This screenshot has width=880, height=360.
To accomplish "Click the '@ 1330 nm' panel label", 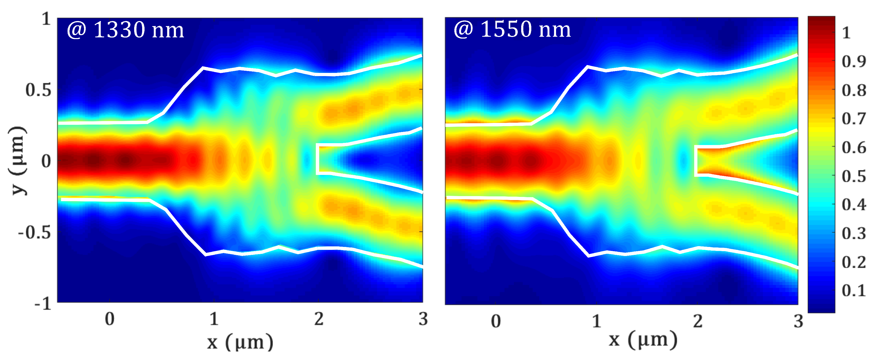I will [125, 30].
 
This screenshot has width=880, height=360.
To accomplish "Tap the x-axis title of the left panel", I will [240, 342].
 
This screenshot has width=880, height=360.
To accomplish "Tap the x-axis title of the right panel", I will [643, 340].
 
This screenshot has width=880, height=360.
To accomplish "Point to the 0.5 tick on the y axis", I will [38, 90].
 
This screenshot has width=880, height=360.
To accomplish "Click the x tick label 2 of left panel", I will [319, 319].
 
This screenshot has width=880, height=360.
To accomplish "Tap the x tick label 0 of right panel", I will [496, 321].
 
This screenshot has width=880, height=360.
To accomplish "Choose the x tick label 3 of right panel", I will [798, 321].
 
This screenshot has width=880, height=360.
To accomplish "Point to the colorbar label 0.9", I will [854, 61].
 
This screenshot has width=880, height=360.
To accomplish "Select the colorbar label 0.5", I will [854, 176].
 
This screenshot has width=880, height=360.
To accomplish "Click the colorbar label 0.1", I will [854, 290].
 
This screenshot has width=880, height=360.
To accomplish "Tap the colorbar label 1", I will [846, 33].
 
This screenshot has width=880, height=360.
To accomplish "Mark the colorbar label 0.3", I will [854, 233].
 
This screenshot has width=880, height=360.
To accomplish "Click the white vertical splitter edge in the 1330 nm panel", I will [318, 159].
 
